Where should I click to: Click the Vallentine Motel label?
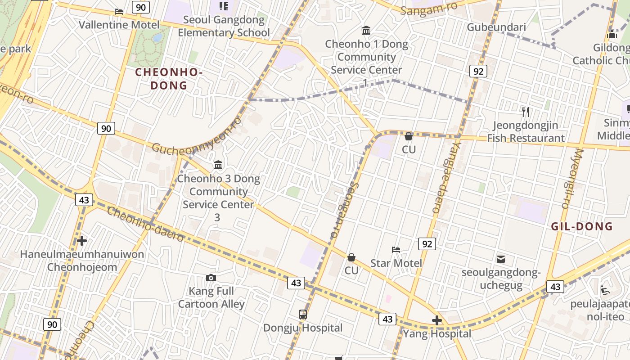(119, 25)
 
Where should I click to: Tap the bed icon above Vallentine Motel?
(119, 11)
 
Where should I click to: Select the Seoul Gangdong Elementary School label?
(224, 26)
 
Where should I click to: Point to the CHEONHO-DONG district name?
(169, 79)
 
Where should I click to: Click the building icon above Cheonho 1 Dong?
(366, 31)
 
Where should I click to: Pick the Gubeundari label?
(496, 27)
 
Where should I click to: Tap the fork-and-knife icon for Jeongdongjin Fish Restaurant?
(525, 112)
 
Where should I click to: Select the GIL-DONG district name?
(582, 226)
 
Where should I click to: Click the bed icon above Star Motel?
(396, 249)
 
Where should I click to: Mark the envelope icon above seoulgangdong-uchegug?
(501, 259)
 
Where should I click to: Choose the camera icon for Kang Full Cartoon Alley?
(211, 278)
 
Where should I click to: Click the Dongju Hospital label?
(303, 328)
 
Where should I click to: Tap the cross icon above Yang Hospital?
(437, 320)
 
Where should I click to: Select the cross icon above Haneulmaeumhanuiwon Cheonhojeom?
(82, 241)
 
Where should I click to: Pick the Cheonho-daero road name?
(145, 225)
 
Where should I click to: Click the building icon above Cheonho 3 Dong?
(219, 165)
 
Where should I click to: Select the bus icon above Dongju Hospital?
(303, 315)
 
